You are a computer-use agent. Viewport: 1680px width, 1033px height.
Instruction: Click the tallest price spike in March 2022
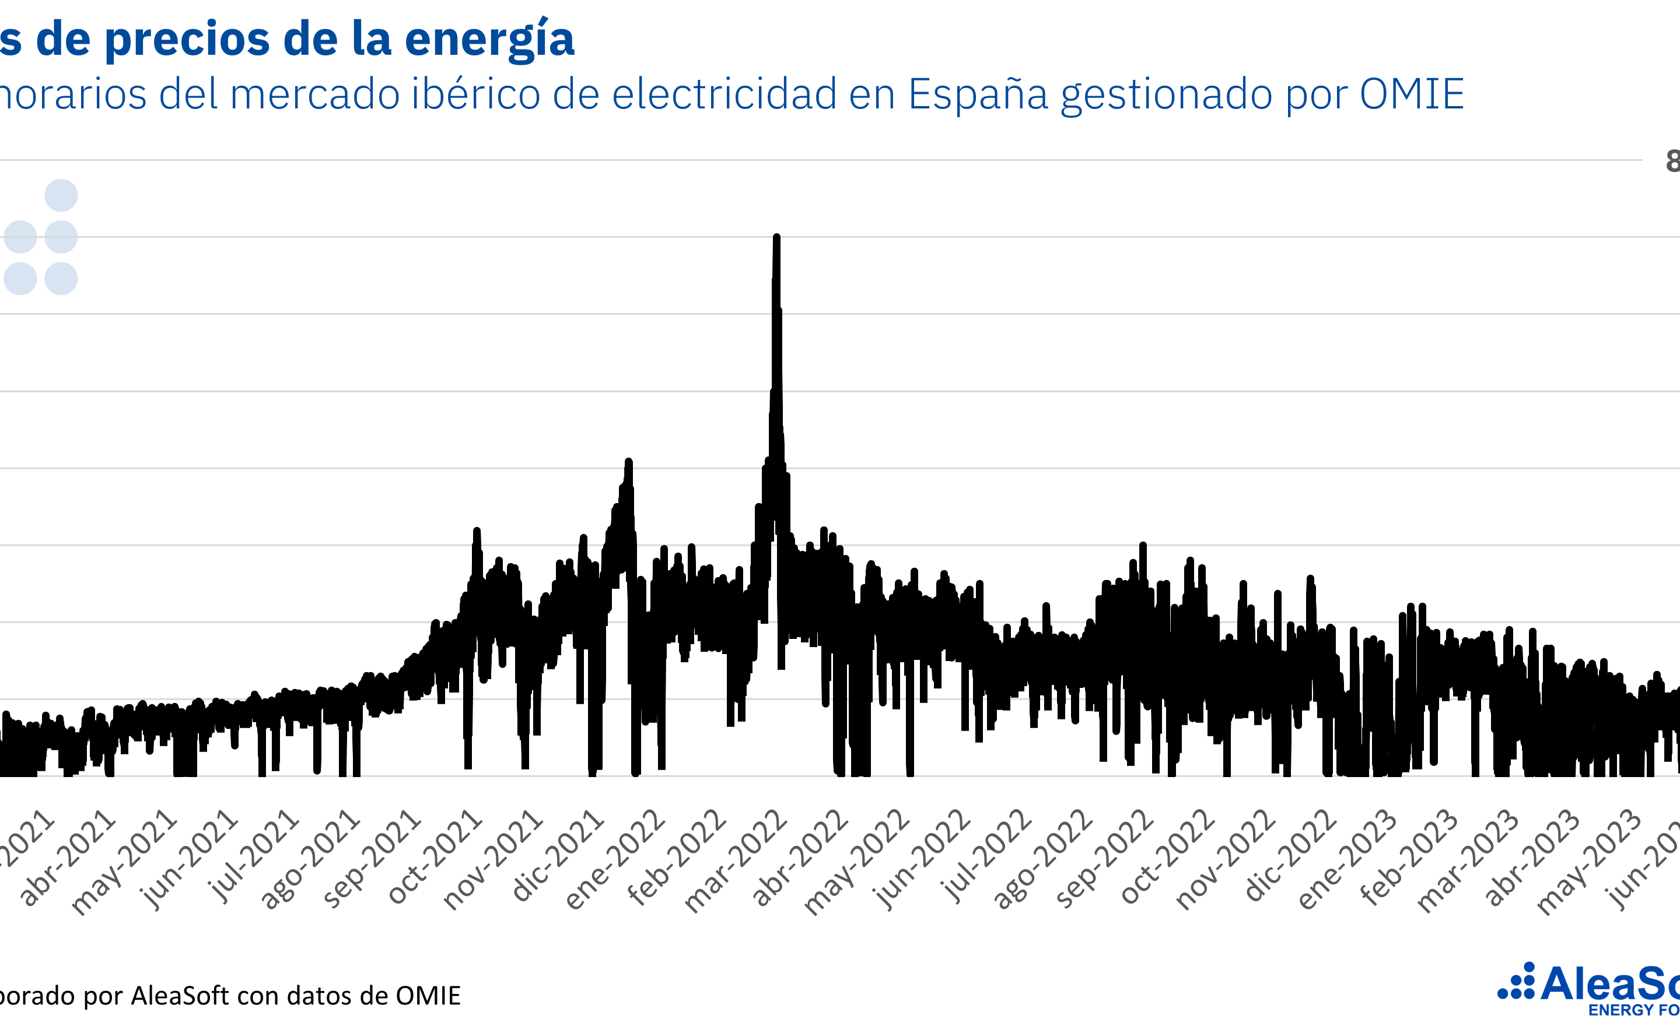coord(776,238)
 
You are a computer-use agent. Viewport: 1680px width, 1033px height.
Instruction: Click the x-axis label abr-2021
coord(68,858)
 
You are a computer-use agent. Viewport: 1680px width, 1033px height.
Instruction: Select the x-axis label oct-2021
coord(435,858)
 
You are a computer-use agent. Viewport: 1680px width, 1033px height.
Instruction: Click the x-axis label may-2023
coord(1590,861)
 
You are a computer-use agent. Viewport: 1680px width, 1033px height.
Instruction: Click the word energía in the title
coord(489,40)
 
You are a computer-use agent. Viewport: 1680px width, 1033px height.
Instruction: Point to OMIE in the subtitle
coord(1412,94)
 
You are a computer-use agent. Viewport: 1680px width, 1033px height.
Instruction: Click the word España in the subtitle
coord(978,95)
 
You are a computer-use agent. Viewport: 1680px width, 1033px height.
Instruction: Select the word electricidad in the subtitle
coord(724,94)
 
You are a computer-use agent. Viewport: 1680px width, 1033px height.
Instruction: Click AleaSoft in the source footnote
coord(180,996)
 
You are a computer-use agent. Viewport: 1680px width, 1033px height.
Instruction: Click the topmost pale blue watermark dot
coord(61,196)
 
